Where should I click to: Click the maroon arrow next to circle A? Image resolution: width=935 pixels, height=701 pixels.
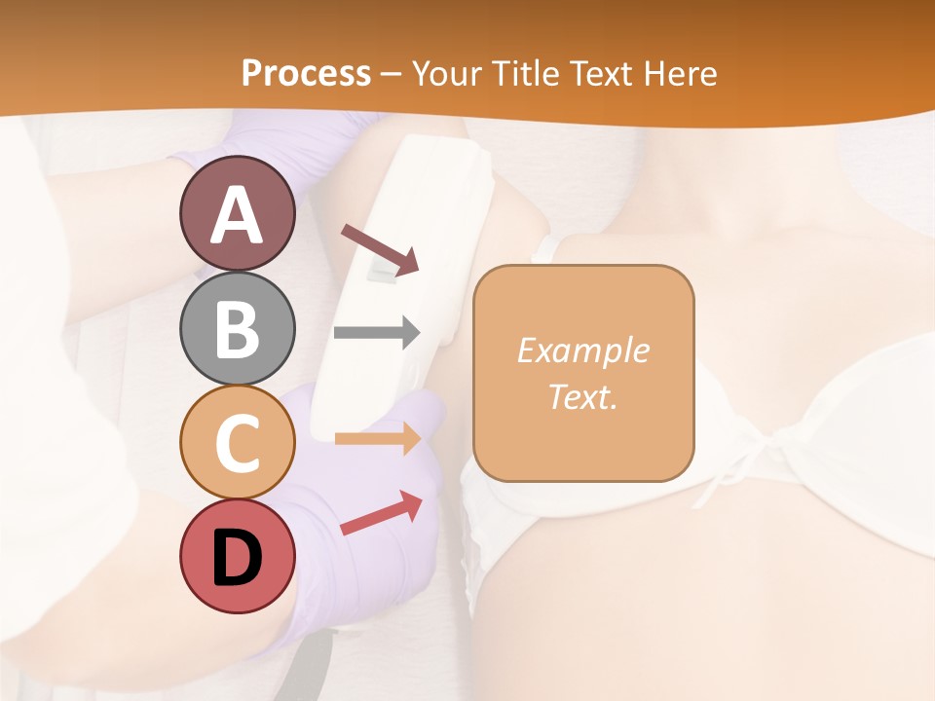[x=379, y=248]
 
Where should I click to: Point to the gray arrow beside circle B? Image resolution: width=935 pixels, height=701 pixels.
[x=377, y=332]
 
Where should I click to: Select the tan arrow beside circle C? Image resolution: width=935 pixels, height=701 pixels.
[x=377, y=439]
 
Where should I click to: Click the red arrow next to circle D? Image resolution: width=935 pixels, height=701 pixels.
[x=381, y=514]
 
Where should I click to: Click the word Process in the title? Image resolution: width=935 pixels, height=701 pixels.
[x=306, y=73]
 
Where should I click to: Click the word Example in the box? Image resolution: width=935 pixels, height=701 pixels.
[x=582, y=350]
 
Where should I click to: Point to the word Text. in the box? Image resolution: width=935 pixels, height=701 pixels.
[x=582, y=397]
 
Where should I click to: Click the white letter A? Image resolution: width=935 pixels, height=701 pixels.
[x=237, y=215]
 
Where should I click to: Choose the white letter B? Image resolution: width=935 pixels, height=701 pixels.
[x=237, y=329]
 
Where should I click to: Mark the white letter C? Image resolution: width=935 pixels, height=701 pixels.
[x=237, y=443]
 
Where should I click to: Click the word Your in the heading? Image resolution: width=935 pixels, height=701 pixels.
[x=446, y=73]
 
